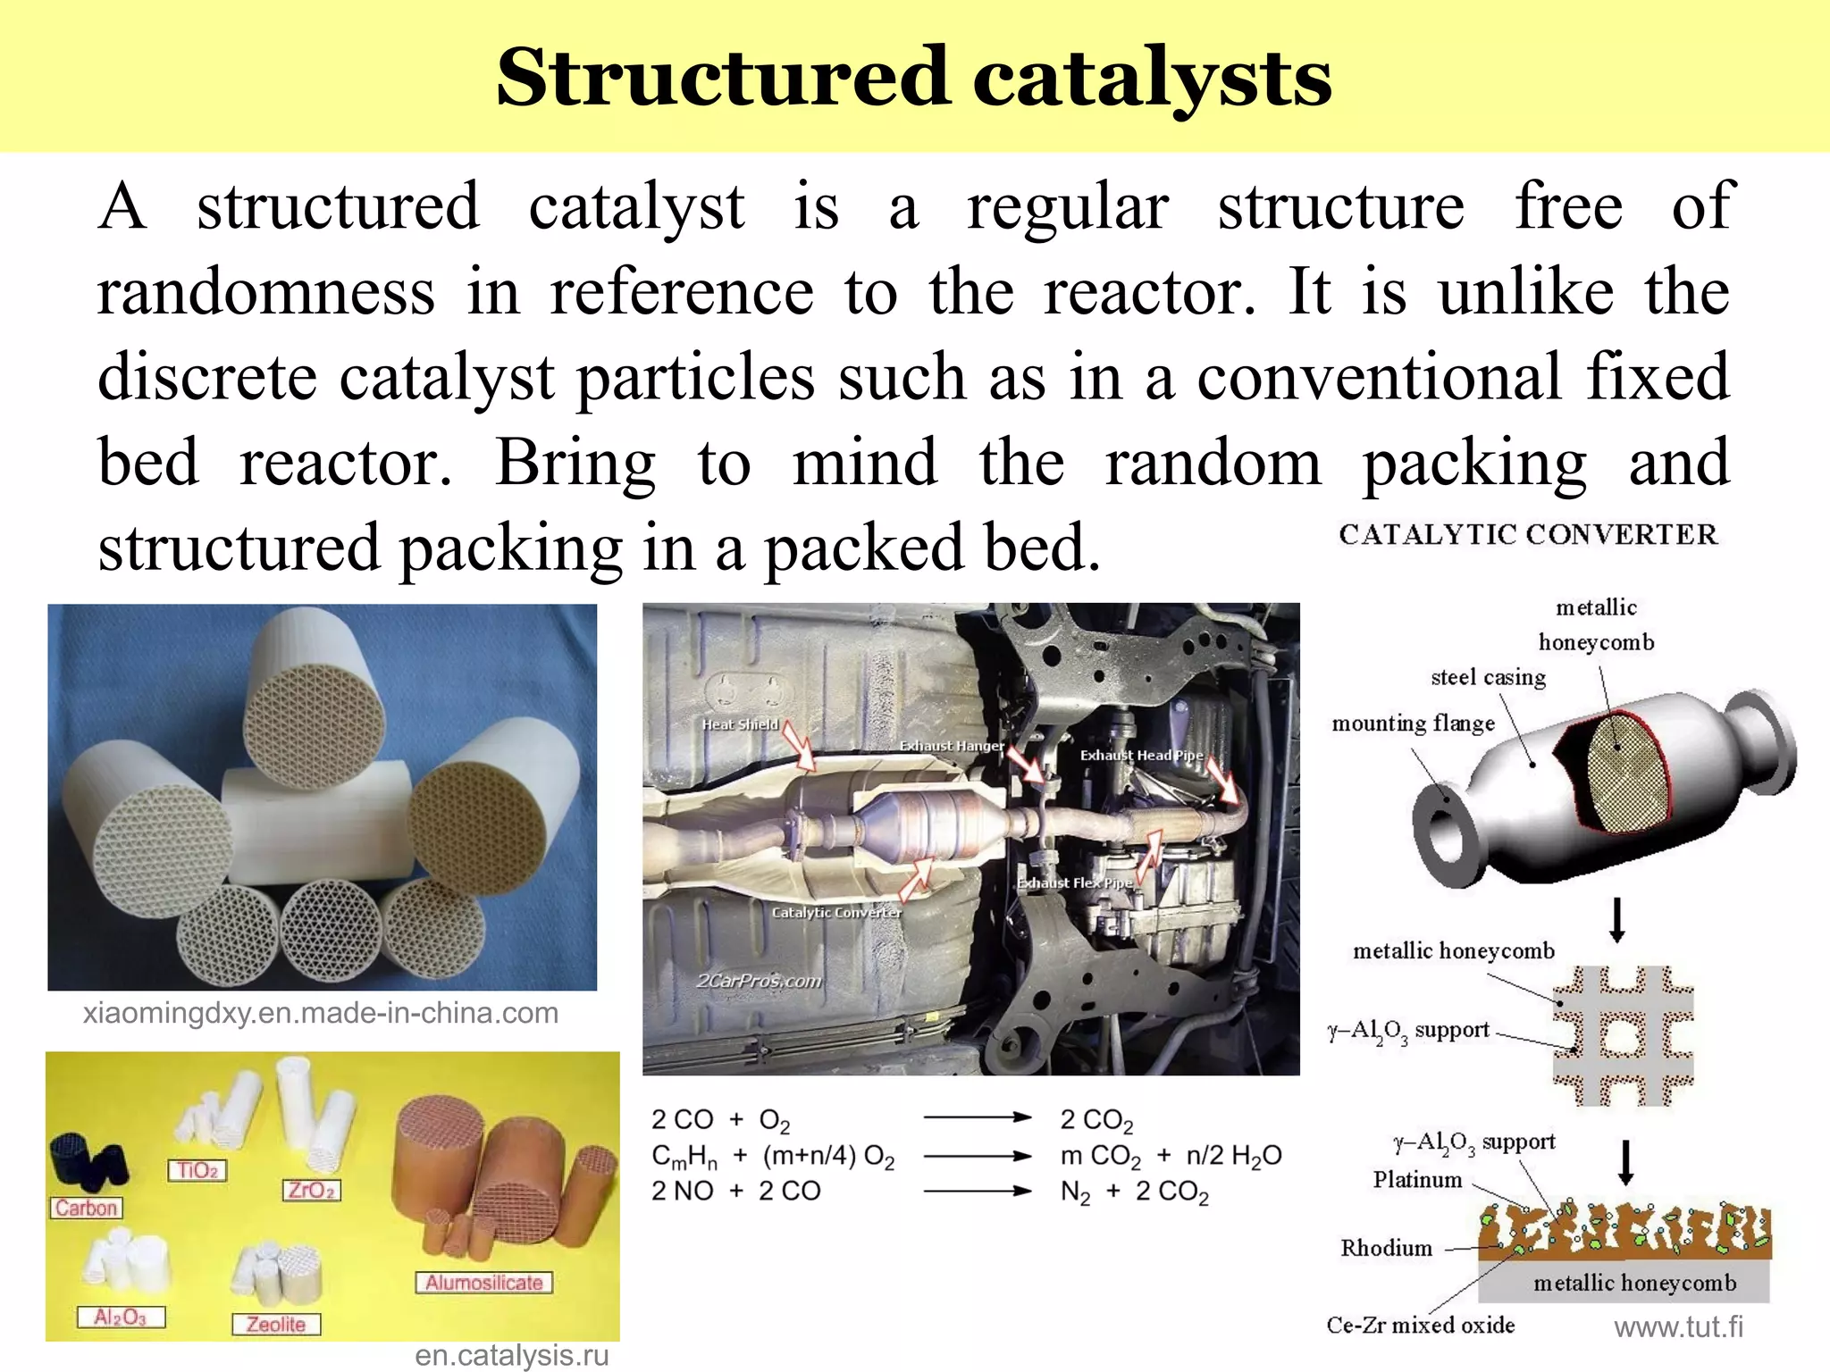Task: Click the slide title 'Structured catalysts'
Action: tap(914, 79)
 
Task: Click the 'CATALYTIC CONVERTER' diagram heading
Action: tap(1528, 535)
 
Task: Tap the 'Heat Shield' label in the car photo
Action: tap(740, 724)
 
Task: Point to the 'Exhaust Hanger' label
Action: tap(952, 746)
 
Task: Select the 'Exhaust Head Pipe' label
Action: tap(1141, 756)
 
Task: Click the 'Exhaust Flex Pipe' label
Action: tap(1075, 883)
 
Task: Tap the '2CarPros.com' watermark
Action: tap(759, 981)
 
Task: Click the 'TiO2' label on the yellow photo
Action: tap(197, 1170)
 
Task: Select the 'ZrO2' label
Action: tap(312, 1190)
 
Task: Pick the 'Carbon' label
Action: tap(87, 1208)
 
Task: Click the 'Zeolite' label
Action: tap(276, 1324)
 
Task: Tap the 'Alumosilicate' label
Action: tap(483, 1283)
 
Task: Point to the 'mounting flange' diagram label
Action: tap(1413, 724)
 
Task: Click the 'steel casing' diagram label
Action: tap(1488, 678)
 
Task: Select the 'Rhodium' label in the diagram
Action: tap(1386, 1249)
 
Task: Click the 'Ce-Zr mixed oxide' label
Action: tap(1421, 1326)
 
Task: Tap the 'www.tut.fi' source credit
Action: tap(1678, 1327)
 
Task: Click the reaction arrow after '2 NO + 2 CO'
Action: tap(978, 1191)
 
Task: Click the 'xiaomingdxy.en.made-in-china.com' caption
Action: tap(321, 1014)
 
